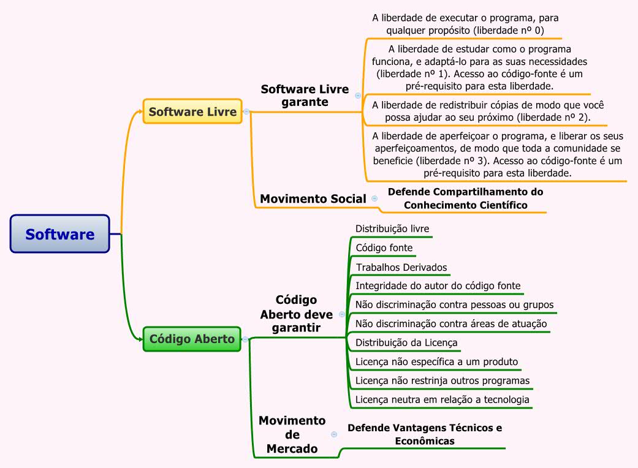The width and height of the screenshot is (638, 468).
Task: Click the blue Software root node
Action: [x=60, y=234]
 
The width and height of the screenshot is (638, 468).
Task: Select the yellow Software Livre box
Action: [x=192, y=111]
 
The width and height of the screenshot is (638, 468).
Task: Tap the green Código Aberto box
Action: [x=192, y=339]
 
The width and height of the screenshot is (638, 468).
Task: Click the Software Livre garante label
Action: [x=305, y=96]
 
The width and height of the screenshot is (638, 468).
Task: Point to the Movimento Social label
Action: [x=313, y=198]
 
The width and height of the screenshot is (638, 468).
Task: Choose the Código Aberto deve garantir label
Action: [x=297, y=314]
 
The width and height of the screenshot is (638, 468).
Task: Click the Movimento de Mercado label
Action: [x=292, y=434]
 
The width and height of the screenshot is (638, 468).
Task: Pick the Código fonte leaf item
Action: [x=384, y=248]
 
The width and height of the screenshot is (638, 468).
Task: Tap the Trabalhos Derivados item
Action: [x=401, y=268]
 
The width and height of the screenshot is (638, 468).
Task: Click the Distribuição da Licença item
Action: [x=406, y=342]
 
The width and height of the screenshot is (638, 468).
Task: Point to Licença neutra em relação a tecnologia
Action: [x=442, y=400]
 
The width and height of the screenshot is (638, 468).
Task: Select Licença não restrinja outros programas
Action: [x=442, y=380]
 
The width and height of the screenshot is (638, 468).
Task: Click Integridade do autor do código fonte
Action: [x=438, y=285]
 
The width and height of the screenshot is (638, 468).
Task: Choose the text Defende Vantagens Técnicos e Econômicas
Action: [x=425, y=434]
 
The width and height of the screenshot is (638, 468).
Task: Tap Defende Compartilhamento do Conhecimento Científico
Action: [x=465, y=198]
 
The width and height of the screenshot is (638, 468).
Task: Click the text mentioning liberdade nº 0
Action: [x=465, y=24]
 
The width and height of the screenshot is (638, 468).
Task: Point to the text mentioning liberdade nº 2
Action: [x=488, y=111]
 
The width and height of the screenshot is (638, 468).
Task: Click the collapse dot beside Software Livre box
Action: [x=246, y=111]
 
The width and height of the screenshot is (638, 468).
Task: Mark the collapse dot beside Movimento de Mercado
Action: [x=334, y=434]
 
